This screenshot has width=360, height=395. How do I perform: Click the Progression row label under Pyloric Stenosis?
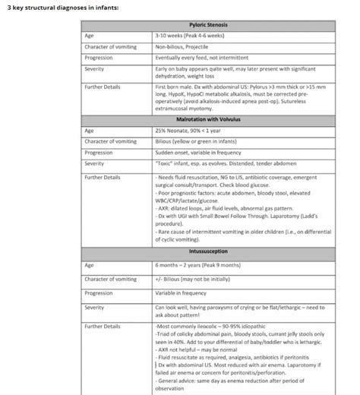coord(99,58)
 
